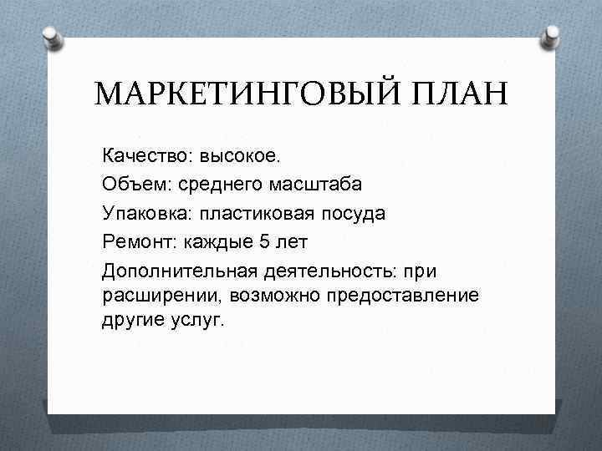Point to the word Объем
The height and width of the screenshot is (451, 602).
(134, 185)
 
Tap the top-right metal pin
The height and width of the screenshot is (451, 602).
(552, 35)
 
